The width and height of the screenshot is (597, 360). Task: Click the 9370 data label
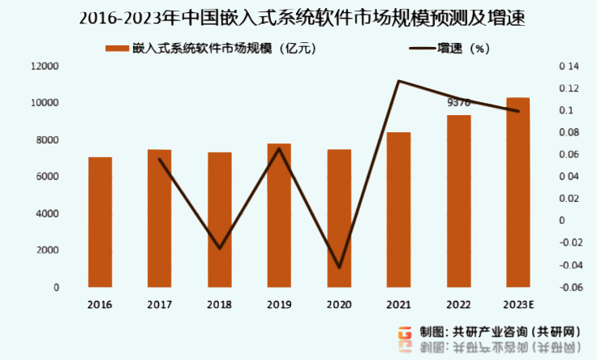coord(459,103)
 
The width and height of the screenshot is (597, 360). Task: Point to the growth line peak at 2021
coord(398,81)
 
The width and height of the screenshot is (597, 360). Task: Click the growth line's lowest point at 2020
coord(339,268)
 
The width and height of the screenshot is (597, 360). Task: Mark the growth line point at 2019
coord(279,148)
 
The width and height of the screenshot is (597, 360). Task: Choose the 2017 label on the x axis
coord(159,305)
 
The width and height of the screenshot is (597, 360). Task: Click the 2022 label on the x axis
coord(458,305)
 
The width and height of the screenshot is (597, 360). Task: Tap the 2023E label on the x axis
coord(518,305)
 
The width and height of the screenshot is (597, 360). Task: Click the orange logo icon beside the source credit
coord(405,333)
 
